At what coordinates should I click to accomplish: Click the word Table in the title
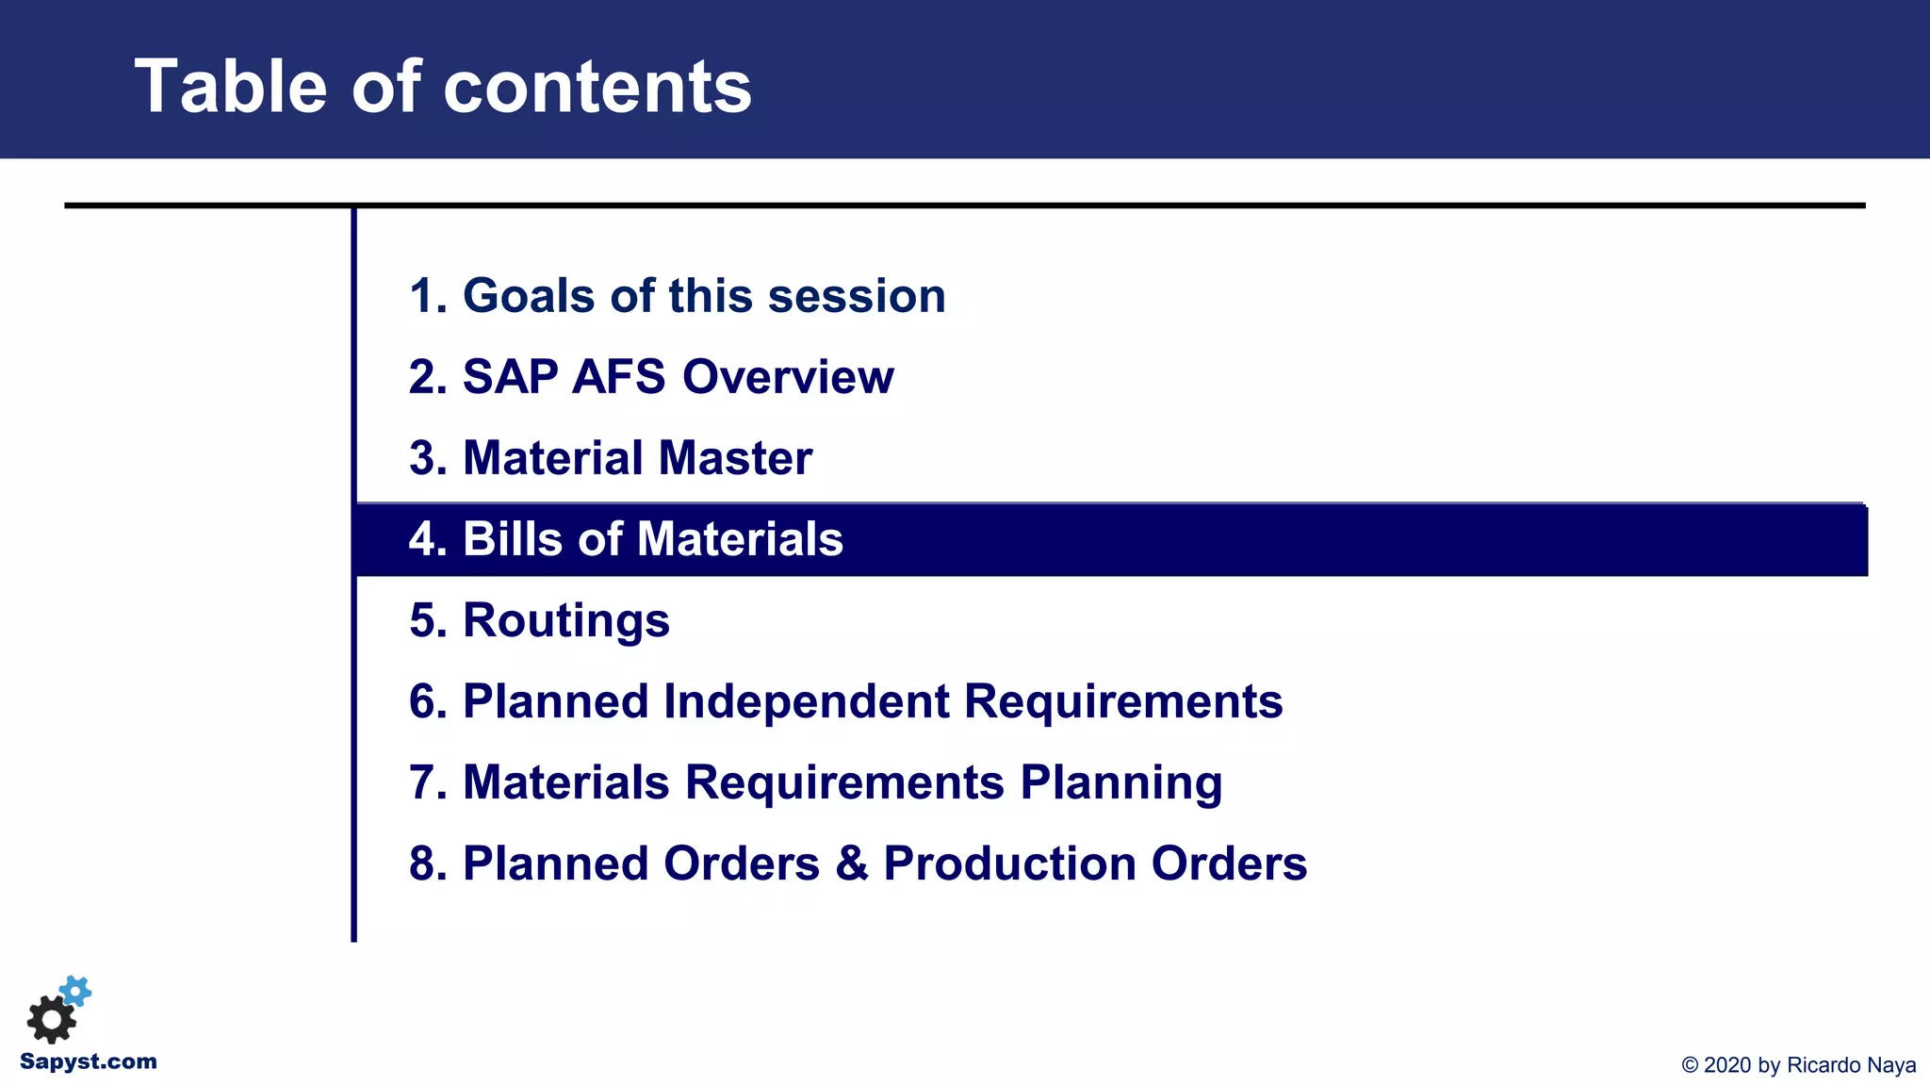click(230, 87)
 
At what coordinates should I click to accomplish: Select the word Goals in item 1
click(530, 296)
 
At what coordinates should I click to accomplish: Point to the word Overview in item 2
click(788, 377)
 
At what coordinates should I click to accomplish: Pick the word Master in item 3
click(735, 458)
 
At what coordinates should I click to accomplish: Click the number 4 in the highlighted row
click(422, 539)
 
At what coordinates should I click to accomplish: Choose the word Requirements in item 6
click(1122, 702)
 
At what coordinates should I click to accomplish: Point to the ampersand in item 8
click(851, 864)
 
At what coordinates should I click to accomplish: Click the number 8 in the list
click(422, 864)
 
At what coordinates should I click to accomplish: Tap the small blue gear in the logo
click(76, 991)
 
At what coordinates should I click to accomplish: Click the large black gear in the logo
click(51, 1019)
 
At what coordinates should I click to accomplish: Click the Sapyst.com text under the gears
click(89, 1062)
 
